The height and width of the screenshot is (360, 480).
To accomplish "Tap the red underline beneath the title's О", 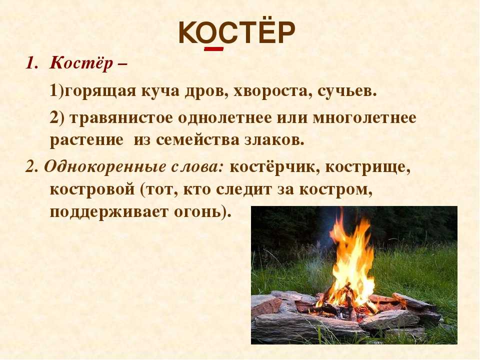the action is (x=213, y=48).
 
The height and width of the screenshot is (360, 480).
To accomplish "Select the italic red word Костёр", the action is (x=81, y=63).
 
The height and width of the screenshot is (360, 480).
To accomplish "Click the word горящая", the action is (x=100, y=91).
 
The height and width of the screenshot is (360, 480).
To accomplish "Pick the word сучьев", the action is (x=346, y=91).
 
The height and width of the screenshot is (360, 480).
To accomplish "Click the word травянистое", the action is (x=121, y=118).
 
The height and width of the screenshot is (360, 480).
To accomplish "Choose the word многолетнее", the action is (x=364, y=117).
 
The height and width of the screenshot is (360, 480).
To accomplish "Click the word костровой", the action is (x=92, y=189).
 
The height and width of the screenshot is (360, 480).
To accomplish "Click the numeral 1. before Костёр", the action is (x=31, y=63).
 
